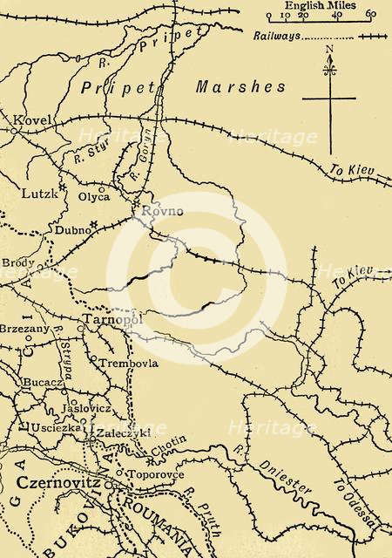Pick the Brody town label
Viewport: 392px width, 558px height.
coord(18,262)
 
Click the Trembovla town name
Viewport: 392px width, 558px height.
coord(127,363)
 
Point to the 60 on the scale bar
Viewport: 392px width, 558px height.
coord(371,15)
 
